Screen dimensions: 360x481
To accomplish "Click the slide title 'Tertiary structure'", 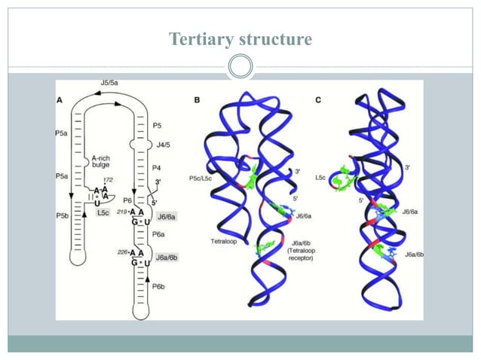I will tap(240, 38).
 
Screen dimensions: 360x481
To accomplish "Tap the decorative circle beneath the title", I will tap(240, 67).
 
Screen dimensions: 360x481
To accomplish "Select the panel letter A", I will tap(60, 100).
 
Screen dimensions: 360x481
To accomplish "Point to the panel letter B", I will tap(197, 99).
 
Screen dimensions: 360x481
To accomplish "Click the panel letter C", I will tap(318, 99).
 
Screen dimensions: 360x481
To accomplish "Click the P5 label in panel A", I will tap(157, 125).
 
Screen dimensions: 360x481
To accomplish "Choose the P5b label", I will tap(64, 216).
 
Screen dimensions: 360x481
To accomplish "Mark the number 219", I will tap(122, 211).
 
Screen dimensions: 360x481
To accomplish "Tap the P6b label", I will tap(158, 287).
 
